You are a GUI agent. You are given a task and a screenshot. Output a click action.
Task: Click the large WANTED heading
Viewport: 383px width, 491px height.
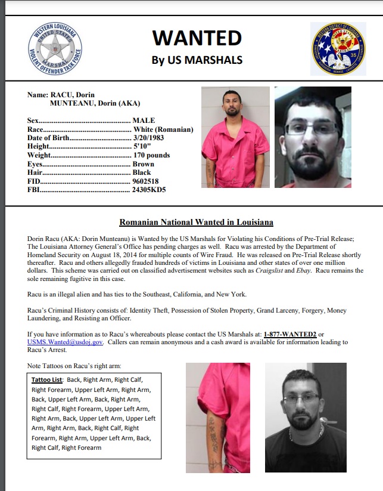click(x=197, y=38)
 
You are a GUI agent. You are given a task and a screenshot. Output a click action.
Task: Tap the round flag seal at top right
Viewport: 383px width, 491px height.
click(x=337, y=49)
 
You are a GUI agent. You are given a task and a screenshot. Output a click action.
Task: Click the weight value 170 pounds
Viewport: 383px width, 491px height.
click(x=151, y=155)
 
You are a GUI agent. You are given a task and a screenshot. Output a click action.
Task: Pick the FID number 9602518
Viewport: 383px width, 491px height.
click(x=147, y=181)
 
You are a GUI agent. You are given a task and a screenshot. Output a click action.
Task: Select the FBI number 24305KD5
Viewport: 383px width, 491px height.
click(x=149, y=190)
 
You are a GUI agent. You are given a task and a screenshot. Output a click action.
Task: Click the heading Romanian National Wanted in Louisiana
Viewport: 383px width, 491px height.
click(x=196, y=223)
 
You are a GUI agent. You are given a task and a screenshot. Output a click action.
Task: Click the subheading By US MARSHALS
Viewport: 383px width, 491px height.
click(x=197, y=60)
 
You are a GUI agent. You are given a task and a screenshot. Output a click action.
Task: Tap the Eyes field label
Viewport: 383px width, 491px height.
click(x=35, y=164)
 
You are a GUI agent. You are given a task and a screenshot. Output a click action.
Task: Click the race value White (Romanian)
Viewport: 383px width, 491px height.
click(x=163, y=129)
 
